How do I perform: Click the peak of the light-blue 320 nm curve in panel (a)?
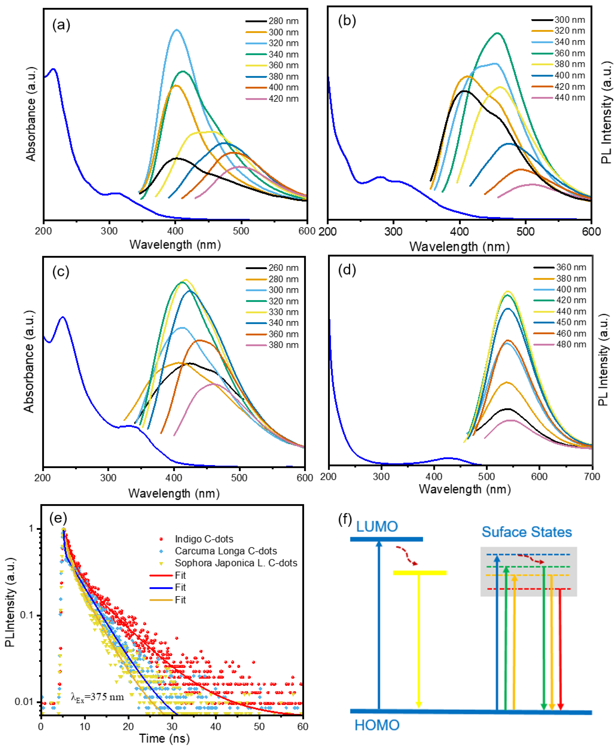[x=176, y=30]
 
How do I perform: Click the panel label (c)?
[x=61, y=272]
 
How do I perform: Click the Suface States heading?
[x=526, y=532]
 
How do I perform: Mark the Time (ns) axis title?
[x=164, y=738]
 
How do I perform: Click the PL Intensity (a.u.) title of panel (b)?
[x=607, y=113]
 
